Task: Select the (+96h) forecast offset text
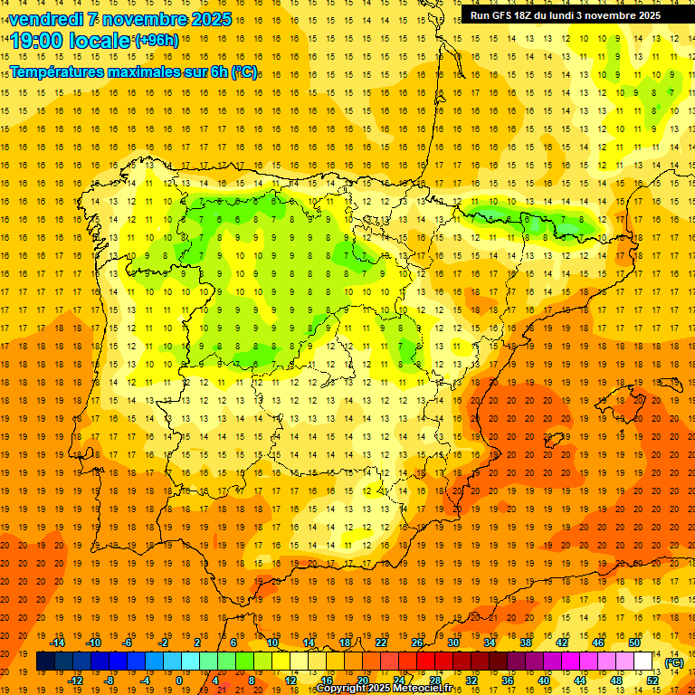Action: point(156,41)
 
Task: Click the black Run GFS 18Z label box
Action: point(565,15)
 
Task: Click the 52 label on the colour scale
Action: point(652,680)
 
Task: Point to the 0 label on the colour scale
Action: point(180,680)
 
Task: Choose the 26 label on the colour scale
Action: point(416,643)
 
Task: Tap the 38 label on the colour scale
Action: point(525,643)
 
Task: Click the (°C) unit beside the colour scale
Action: point(673,662)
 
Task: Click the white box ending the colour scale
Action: point(643,662)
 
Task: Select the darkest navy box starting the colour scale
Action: point(45,662)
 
